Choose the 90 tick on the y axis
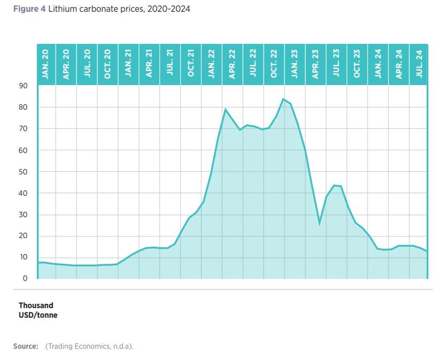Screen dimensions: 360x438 23,86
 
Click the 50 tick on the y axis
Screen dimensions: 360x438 23,172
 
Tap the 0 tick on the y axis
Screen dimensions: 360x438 25,279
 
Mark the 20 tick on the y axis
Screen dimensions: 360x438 23,236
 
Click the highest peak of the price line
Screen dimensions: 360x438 283,99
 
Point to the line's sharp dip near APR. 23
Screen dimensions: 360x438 319,223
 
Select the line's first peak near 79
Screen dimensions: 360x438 225,110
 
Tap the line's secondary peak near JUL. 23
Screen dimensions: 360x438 334,186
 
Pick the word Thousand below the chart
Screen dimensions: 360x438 36,305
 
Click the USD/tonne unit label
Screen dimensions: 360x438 38,315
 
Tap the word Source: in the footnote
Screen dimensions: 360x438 26,346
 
